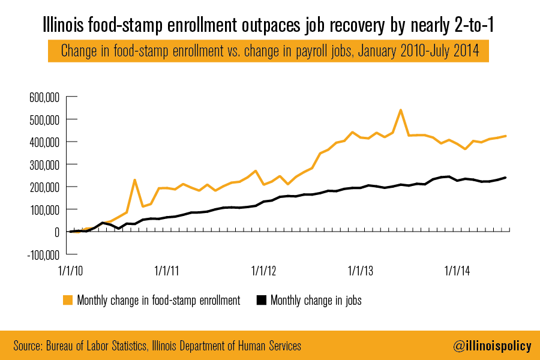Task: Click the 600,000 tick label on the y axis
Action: click(44, 97)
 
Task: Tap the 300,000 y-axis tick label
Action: click(44, 164)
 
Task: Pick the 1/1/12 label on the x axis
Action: click(265, 270)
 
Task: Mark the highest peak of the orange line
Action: click(401, 110)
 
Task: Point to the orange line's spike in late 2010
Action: click(135, 179)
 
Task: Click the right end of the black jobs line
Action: click(506, 178)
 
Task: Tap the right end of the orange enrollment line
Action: click(506, 136)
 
